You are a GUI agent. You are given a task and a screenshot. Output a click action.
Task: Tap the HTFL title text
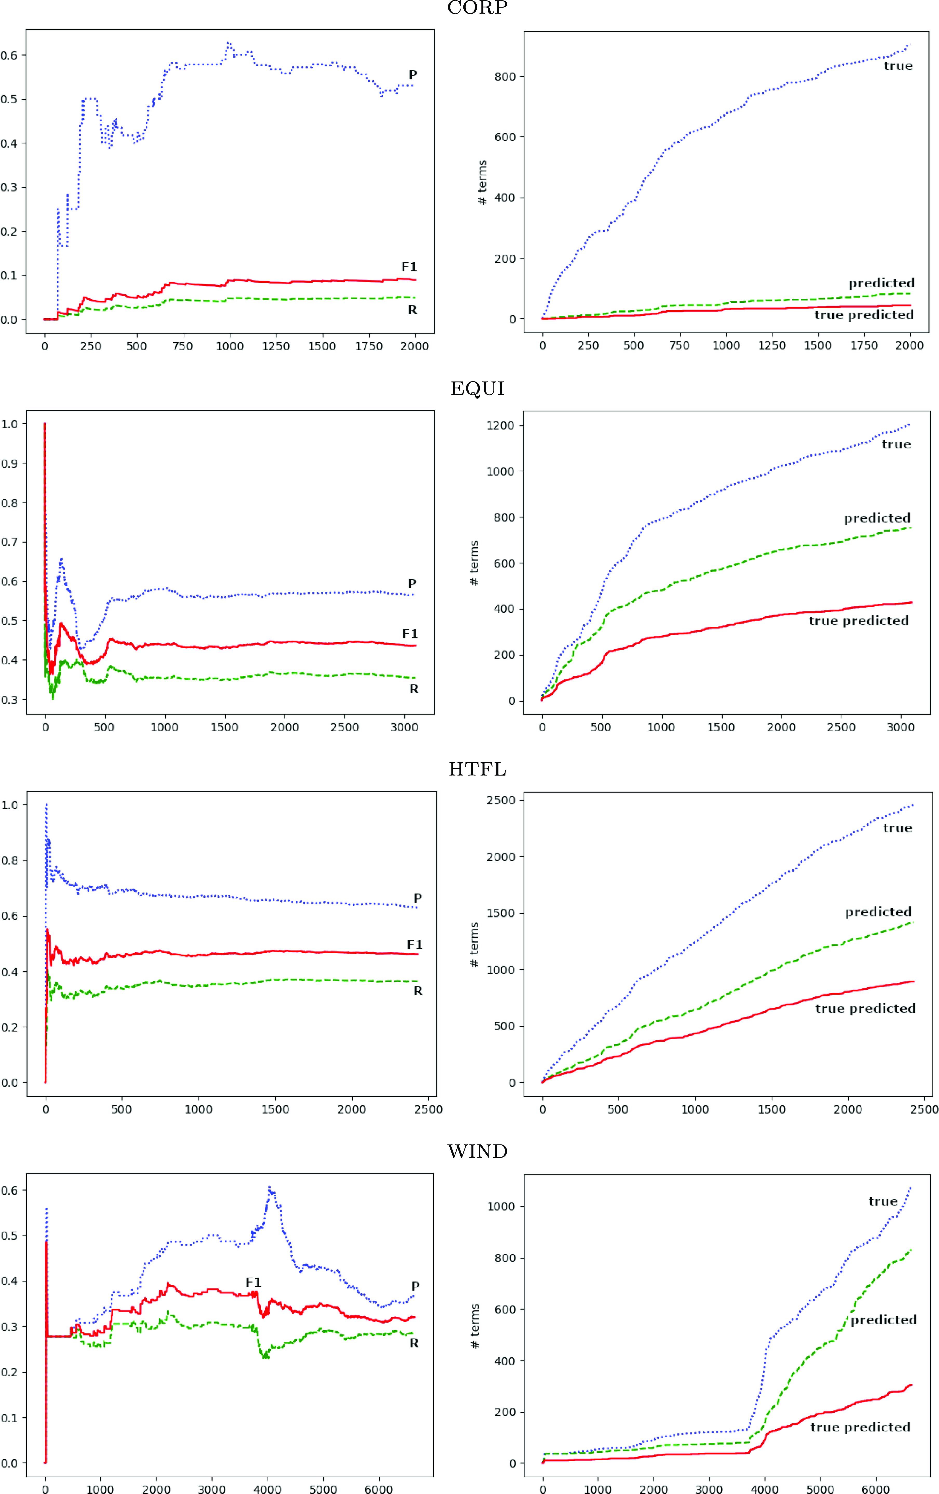coord(477,769)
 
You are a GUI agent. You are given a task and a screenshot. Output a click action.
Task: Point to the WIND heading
coord(477,1152)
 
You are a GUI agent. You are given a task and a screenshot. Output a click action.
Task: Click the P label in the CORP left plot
coord(412,75)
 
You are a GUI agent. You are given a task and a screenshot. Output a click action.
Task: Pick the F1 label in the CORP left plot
coord(409,267)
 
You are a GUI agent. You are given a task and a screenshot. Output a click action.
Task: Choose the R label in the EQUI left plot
coord(414,689)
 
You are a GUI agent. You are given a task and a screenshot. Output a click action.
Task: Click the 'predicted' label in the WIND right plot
coord(883,1320)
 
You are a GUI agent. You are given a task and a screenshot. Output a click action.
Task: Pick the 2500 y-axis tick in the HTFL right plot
coord(501,800)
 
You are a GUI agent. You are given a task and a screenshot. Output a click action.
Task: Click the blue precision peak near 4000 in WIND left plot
coord(270,1187)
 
